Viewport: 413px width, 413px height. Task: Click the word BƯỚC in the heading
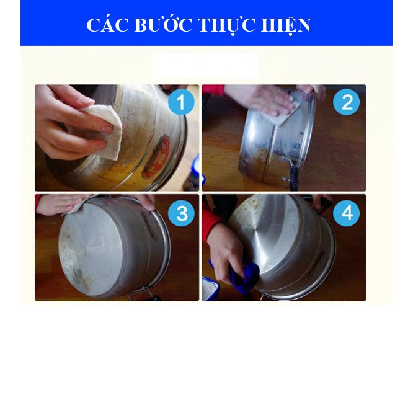pyautogui.click(x=158, y=25)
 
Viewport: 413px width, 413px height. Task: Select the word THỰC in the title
pyautogui.click(x=225, y=25)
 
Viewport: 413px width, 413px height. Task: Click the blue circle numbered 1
pyautogui.click(x=181, y=102)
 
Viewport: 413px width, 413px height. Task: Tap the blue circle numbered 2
pyautogui.click(x=346, y=102)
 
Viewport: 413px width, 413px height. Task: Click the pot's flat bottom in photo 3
pyautogui.click(x=99, y=248)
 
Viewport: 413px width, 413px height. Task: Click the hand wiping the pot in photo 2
pyautogui.click(x=264, y=96)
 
